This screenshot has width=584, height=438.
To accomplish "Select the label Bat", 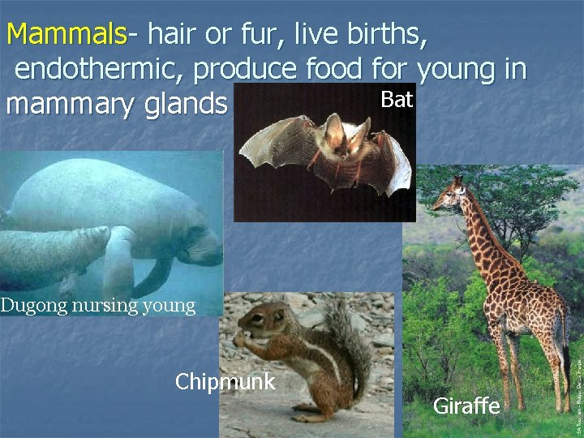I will tap(397, 100).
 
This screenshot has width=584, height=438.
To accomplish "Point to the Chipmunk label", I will tap(225, 381).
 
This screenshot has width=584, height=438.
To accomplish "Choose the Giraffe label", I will tap(466, 406).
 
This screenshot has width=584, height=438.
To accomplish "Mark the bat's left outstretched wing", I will tap(272, 138).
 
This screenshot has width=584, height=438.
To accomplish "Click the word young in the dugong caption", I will tap(172, 307).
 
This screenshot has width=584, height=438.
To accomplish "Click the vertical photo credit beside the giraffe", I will tap(578, 373).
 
